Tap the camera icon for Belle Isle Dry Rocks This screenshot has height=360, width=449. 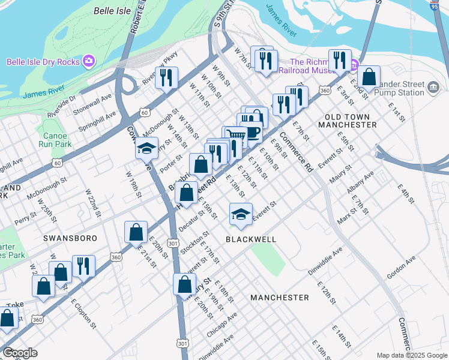[x=89, y=61]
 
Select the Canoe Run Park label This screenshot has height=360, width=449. [x=54, y=140]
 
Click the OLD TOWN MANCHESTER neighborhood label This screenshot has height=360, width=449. [x=351, y=120]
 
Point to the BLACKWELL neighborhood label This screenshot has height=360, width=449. [x=251, y=239]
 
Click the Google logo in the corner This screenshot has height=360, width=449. [x=20, y=353]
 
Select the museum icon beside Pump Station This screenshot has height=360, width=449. [x=432, y=88]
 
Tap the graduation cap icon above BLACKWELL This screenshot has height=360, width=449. [x=241, y=214]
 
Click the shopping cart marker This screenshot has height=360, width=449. [x=236, y=138]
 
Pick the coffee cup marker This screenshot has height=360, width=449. [x=252, y=131]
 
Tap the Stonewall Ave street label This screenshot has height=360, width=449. [x=92, y=104]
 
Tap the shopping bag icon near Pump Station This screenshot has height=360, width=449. [x=370, y=77]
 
